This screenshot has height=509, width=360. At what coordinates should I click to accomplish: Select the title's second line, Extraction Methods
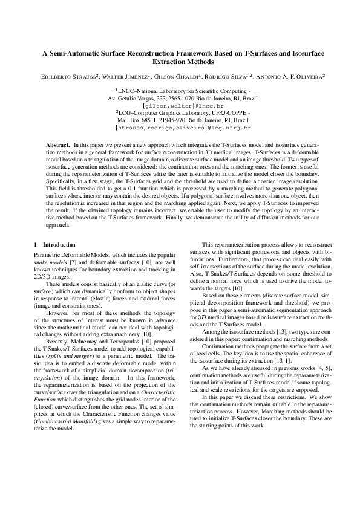click(180, 62)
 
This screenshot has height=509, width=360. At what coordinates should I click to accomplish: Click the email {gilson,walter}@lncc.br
click(180, 105)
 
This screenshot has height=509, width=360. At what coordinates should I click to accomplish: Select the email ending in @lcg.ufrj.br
click(180, 128)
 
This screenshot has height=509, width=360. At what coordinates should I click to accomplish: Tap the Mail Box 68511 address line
click(180, 120)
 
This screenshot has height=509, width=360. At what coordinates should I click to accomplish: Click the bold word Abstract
click(59, 146)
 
